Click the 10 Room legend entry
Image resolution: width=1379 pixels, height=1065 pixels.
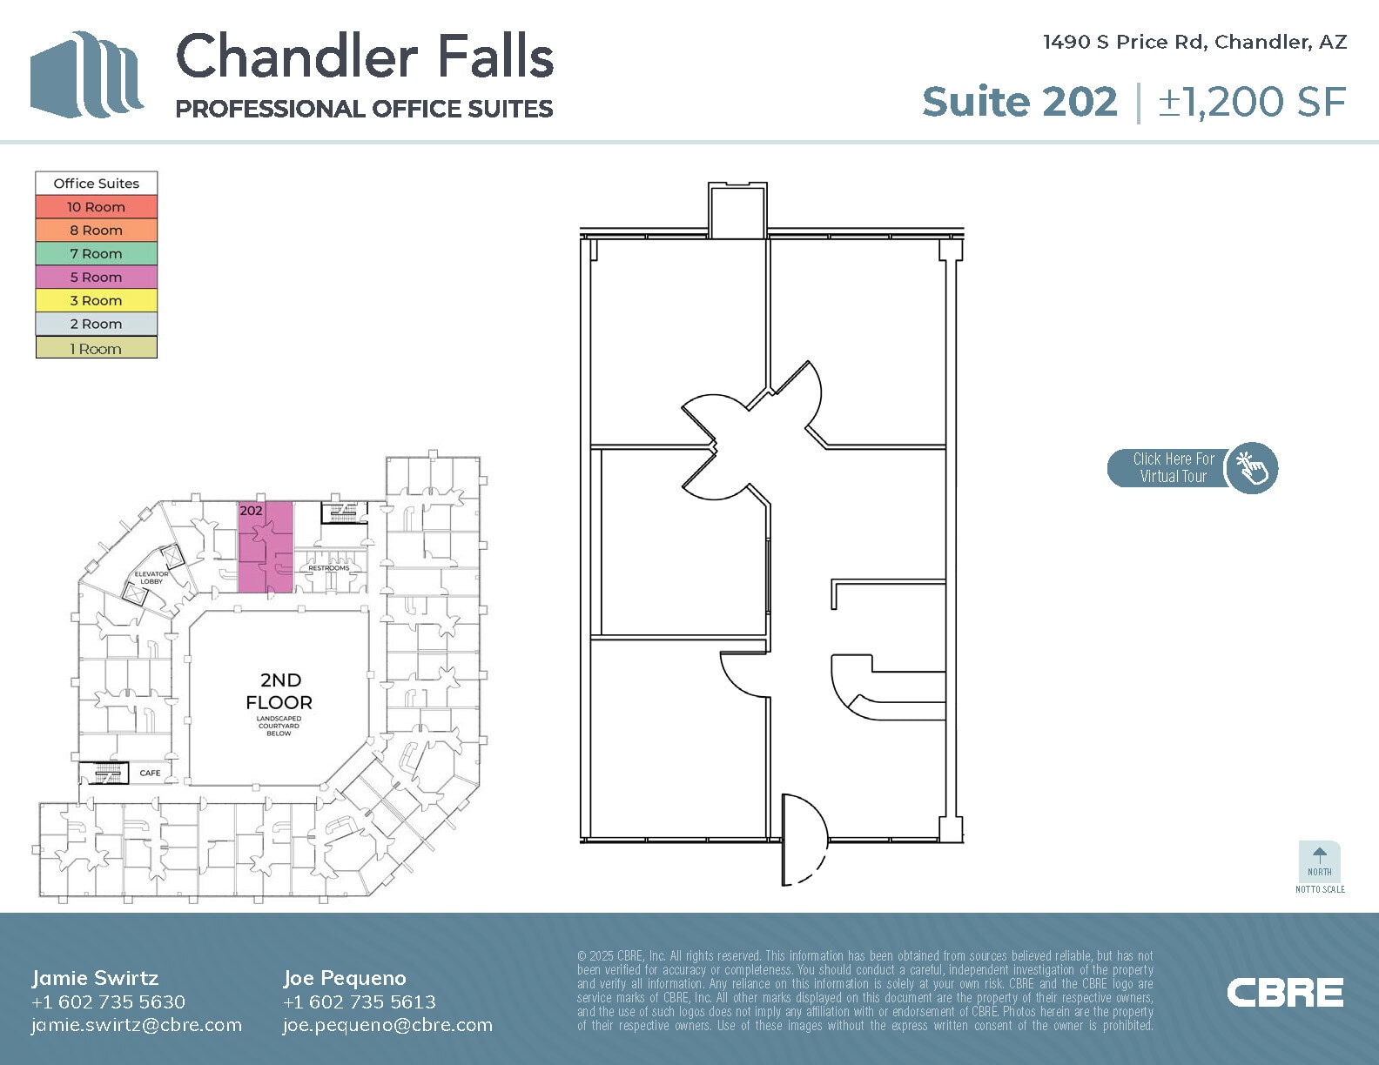coord(96,207)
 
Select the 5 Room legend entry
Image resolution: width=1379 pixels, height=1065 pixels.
coord(96,278)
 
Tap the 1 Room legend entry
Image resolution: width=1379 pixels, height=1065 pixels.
coord(96,349)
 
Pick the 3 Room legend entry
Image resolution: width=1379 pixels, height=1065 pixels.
coord(96,301)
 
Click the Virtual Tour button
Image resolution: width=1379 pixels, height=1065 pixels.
coord(1192,468)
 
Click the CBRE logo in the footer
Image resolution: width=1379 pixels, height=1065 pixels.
coord(1285,993)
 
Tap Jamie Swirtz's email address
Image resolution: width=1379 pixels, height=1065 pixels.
coord(137,1025)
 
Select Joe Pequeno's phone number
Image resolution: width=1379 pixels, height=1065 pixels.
coord(359,1001)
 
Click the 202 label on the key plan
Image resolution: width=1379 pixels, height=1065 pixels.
coord(251,511)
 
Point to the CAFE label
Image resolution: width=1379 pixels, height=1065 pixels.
coord(150,773)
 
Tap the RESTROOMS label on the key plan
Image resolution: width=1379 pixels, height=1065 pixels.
coord(329,568)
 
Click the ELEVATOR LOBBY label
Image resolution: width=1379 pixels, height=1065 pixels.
coord(151,578)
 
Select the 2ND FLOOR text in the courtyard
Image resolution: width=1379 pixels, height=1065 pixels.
coord(279,692)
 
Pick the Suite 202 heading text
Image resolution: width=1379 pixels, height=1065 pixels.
coord(1019,102)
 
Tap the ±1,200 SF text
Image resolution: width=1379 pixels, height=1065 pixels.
coord(1252,102)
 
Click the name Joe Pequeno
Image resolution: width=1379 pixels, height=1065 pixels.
coord(344,978)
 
